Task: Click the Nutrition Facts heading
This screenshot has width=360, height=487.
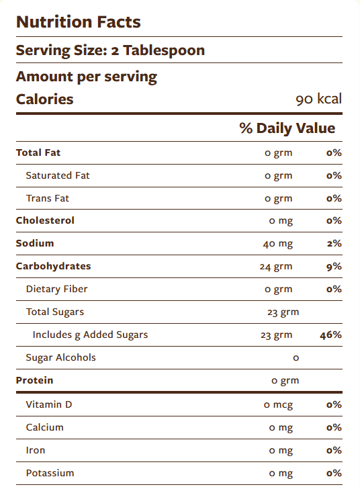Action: click(78, 21)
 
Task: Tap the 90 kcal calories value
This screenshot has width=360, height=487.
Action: click(318, 99)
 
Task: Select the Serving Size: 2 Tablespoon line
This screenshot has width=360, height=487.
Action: click(110, 50)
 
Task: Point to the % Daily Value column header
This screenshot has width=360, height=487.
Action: click(287, 128)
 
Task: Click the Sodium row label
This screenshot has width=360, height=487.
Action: click(35, 243)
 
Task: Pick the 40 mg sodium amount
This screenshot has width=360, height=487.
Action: click(277, 244)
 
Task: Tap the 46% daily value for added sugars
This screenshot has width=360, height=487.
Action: click(331, 335)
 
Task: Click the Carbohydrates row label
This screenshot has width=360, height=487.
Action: click(53, 266)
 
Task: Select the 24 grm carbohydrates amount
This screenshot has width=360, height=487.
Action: click(276, 267)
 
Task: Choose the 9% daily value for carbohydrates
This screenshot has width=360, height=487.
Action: click(334, 267)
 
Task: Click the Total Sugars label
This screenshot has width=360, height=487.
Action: click(55, 312)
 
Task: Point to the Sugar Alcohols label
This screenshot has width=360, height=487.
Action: click(60, 357)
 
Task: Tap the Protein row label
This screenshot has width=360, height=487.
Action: click(34, 380)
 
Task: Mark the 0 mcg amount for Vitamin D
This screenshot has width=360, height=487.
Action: click(278, 405)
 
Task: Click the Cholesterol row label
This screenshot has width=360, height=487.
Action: click(45, 220)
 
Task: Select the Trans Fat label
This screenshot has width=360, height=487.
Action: click(47, 198)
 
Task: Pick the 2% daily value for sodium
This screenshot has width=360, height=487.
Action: click(334, 244)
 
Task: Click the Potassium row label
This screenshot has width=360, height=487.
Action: click(50, 473)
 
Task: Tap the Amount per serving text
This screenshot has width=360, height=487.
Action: click(86, 77)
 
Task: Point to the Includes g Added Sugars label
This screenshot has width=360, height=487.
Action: click(90, 335)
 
